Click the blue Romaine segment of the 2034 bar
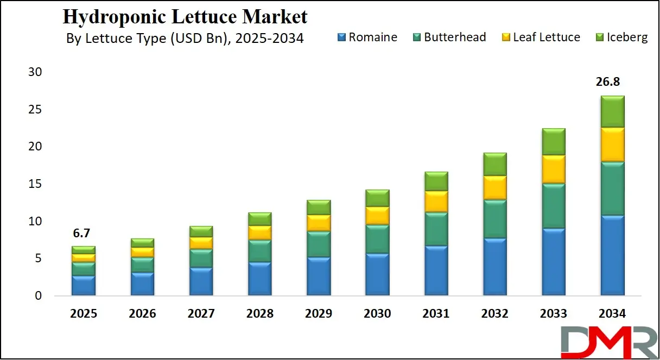(x=612, y=255)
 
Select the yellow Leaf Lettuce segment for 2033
(x=553, y=169)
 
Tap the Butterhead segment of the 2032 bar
(x=494, y=219)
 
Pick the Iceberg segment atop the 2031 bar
(x=436, y=181)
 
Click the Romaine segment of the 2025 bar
(x=84, y=286)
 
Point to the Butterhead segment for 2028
(x=259, y=251)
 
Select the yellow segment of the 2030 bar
(x=377, y=216)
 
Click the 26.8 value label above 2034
(x=608, y=82)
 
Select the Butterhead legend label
(x=455, y=37)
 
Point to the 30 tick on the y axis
(x=34, y=72)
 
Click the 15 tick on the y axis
(x=34, y=184)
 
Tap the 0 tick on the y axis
(x=38, y=296)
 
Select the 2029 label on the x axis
(x=319, y=314)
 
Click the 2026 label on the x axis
(x=142, y=314)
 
